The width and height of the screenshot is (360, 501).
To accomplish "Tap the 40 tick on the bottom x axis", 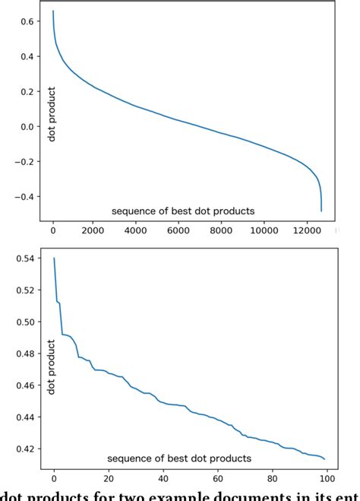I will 163,477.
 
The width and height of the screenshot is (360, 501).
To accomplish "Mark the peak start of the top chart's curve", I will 52,11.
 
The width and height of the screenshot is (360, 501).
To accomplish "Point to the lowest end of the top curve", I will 321,211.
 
